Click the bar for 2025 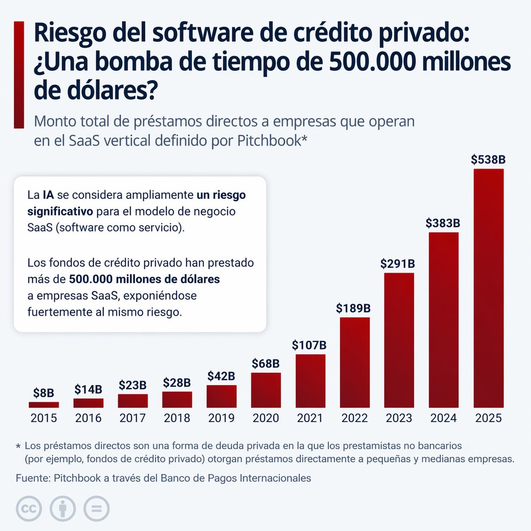pyautogui.click(x=489, y=288)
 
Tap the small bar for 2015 pyautogui.click(x=44, y=404)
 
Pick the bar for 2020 pyautogui.click(x=266, y=390)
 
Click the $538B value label pyautogui.click(x=488, y=160)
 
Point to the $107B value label pyautogui.click(x=309, y=345)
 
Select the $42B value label pyautogui.click(x=221, y=376)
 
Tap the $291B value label pyautogui.click(x=398, y=264)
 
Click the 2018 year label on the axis pyautogui.click(x=177, y=418)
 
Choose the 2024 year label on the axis pyautogui.click(x=443, y=418)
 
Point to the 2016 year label pyautogui.click(x=88, y=418)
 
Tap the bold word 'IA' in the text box pyautogui.click(x=48, y=195)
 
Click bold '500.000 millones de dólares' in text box pyautogui.click(x=144, y=279)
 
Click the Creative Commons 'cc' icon pyautogui.click(x=29, y=508)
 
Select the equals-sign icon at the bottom pyautogui.click(x=96, y=508)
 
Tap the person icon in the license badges pyautogui.click(x=62, y=508)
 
